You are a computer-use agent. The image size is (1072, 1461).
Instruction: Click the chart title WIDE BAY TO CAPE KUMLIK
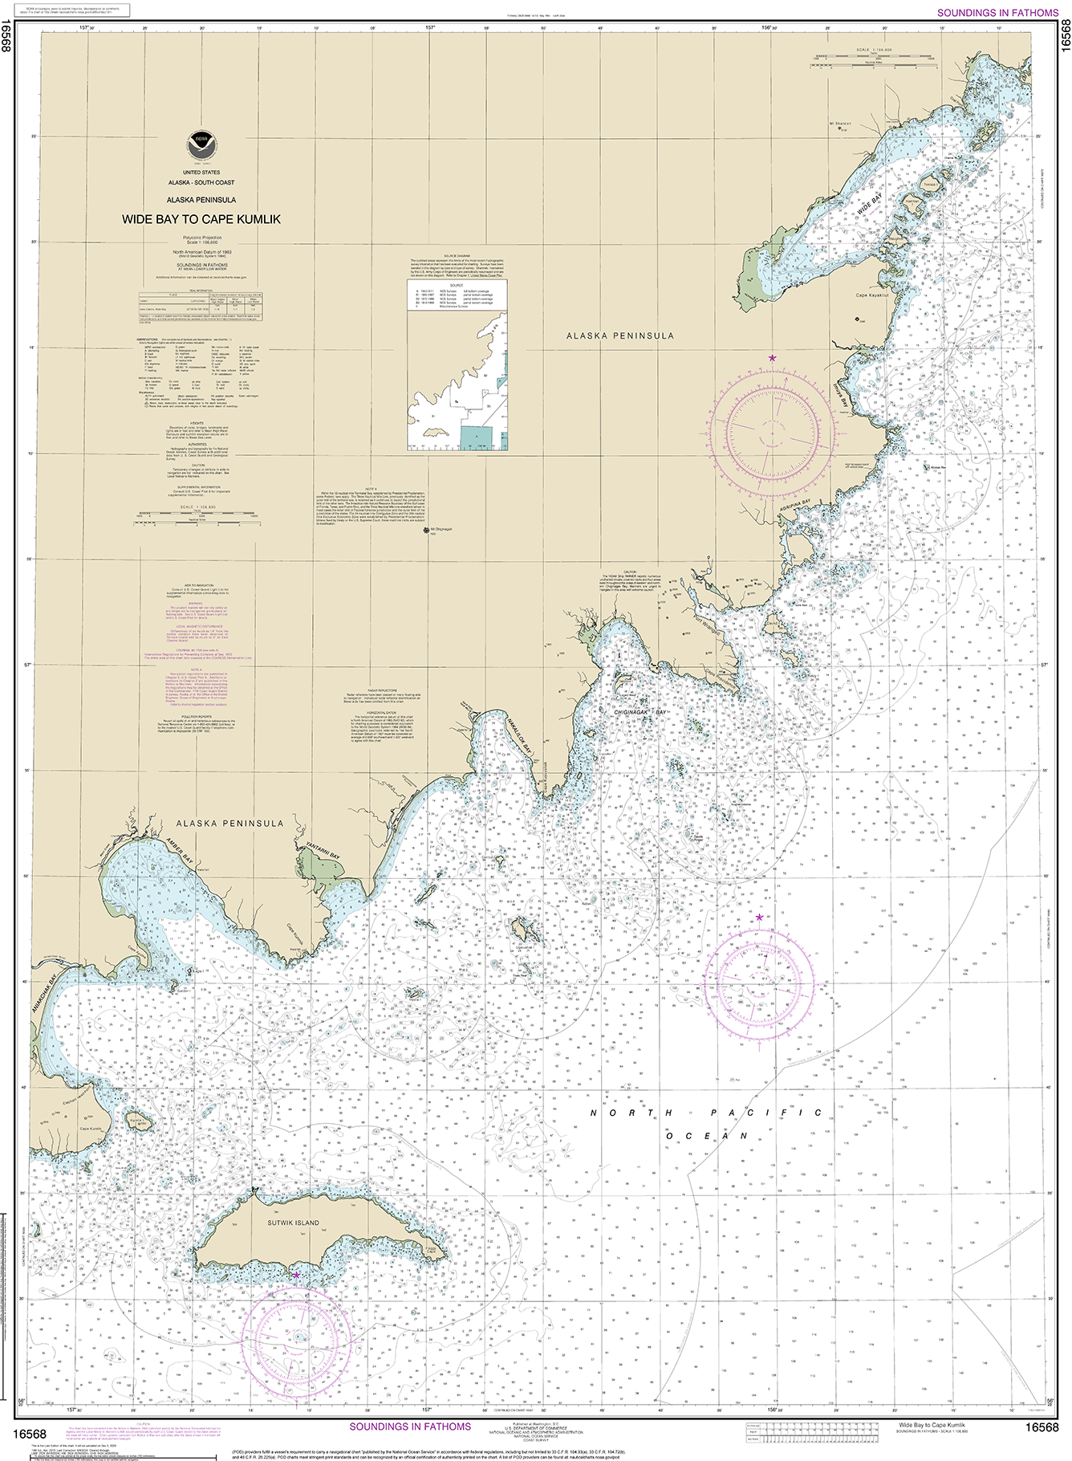(x=201, y=219)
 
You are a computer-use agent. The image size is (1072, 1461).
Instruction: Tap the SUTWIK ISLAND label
(x=293, y=1223)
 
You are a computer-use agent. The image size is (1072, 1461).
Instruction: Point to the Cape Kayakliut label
(x=872, y=295)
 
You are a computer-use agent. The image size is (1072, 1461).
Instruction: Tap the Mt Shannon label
(x=839, y=124)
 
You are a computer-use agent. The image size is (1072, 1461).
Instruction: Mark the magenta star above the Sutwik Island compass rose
(x=296, y=1275)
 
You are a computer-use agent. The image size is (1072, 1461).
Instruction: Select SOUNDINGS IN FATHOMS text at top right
(x=997, y=13)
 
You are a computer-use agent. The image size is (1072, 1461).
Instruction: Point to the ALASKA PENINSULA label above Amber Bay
(x=229, y=824)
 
